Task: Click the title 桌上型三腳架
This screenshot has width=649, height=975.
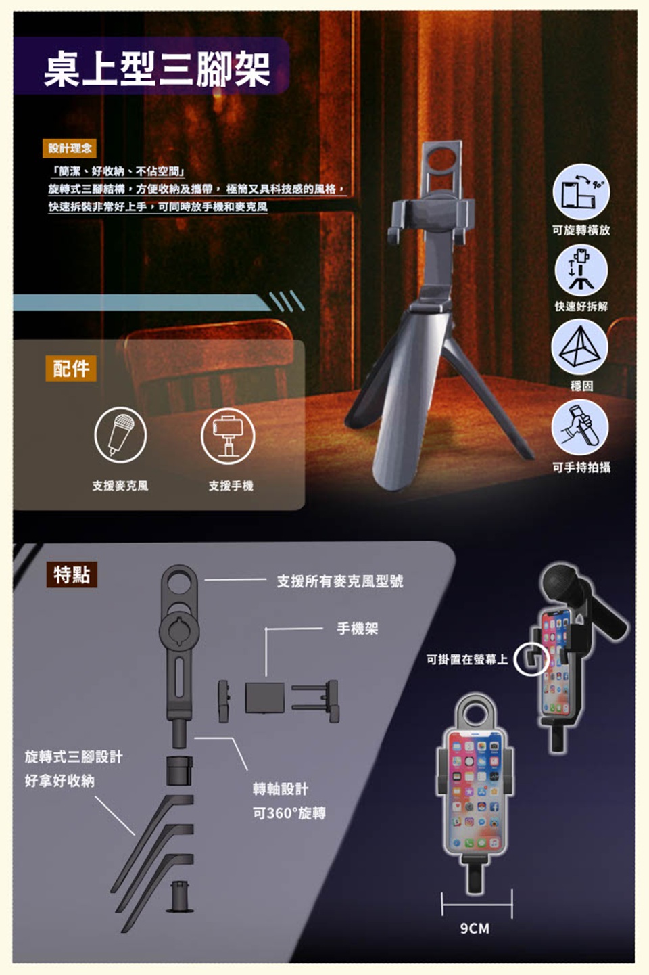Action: click(x=158, y=69)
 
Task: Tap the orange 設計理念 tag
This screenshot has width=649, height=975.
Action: click(x=70, y=148)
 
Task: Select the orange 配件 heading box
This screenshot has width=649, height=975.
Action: click(x=71, y=368)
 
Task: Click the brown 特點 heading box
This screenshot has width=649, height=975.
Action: click(x=72, y=574)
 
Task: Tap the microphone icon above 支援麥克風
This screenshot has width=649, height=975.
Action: click(x=120, y=434)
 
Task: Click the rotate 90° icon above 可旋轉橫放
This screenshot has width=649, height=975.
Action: click(x=581, y=192)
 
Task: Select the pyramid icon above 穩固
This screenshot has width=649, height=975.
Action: click(x=579, y=347)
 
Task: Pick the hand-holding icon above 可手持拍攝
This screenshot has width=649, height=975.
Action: click(x=580, y=427)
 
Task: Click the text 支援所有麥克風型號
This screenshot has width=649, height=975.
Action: click(x=340, y=581)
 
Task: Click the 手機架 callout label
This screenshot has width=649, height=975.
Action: click(x=358, y=628)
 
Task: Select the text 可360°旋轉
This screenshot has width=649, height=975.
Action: click(x=289, y=813)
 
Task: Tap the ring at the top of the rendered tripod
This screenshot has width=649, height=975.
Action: click(x=442, y=159)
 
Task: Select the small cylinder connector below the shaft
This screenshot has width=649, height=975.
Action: click(x=179, y=771)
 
